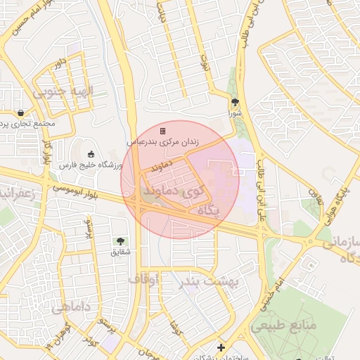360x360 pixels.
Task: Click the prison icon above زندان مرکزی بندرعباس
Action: (x=163, y=131)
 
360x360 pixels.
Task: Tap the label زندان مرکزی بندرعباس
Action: (x=162, y=141)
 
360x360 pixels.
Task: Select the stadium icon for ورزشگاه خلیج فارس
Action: (x=90, y=154)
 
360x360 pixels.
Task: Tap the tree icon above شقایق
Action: (x=117, y=241)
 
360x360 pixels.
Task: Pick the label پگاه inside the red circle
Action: (x=210, y=210)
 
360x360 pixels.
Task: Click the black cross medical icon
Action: (x=221, y=347)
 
